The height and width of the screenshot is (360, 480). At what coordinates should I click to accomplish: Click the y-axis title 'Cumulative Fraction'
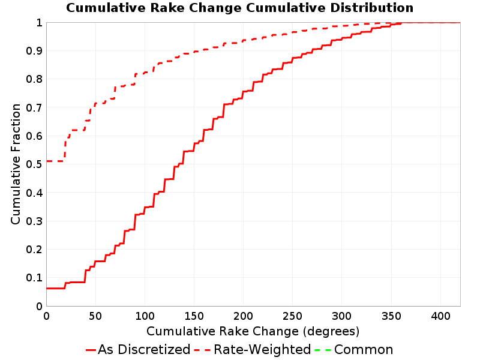16,164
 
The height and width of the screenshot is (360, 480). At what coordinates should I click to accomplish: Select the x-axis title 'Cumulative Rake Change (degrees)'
253,331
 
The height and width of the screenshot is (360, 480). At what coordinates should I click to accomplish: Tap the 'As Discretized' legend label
144,349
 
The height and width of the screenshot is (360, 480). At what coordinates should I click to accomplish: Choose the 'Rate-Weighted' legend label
262,349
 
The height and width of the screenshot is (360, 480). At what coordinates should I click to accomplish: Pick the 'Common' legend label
364,349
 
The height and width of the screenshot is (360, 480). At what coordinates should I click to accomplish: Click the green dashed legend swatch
323,350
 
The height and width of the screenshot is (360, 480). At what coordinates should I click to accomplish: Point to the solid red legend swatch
91,350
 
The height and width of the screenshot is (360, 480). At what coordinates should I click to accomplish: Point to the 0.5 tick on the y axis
34,164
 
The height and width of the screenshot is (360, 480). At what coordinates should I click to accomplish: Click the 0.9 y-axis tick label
34,50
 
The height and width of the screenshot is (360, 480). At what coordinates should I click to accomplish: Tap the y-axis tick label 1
39,22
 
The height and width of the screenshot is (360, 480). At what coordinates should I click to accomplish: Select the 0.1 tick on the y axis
34,278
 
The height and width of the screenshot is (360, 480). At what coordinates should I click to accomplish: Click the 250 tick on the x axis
292,316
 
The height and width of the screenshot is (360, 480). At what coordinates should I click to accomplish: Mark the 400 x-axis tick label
440,316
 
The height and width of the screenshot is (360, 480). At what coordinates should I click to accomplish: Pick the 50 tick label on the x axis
95,316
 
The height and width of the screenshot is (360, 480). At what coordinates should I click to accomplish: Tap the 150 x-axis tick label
194,316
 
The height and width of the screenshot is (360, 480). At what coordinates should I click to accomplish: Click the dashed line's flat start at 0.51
55,161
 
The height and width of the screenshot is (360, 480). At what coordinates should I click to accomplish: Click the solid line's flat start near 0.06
55,288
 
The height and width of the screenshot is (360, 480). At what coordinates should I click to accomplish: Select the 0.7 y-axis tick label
34,107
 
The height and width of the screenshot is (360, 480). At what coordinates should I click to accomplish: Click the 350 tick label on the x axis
391,316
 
